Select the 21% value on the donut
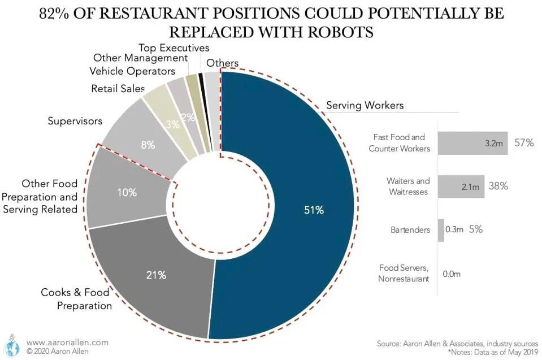(x=157, y=275)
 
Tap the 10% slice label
(x=127, y=192)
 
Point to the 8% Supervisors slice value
(x=148, y=145)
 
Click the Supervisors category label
(x=75, y=121)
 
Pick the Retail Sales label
(x=118, y=89)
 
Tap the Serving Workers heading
(x=365, y=105)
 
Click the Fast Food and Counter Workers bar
(x=472, y=143)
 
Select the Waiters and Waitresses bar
(x=461, y=186)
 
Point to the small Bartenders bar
(x=441, y=230)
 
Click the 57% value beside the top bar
(x=524, y=143)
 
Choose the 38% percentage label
(x=498, y=186)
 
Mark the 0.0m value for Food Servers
(x=452, y=274)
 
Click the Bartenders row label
(x=410, y=230)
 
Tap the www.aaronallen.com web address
(x=67, y=342)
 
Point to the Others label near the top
(x=222, y=63)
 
